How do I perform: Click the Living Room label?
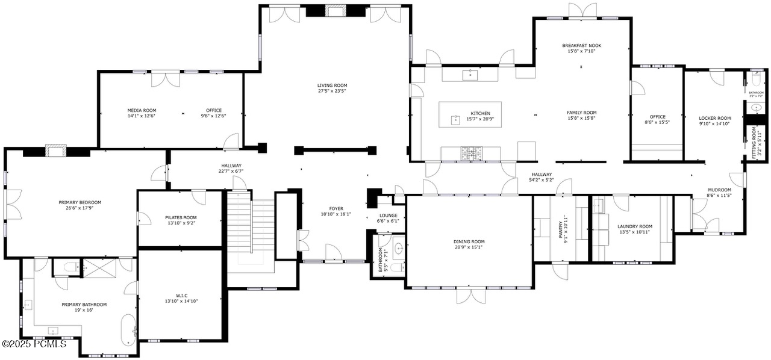332,85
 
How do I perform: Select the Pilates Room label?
181,217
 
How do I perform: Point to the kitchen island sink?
455,119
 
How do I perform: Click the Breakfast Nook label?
581,45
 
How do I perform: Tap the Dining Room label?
469,241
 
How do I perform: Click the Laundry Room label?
634,226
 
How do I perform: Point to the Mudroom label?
719,190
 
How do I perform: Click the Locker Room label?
714,118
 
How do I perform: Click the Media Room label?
142,110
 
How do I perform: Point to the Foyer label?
336,208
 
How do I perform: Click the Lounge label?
388,215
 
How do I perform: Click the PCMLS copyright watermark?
34,344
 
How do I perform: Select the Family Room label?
581,113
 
